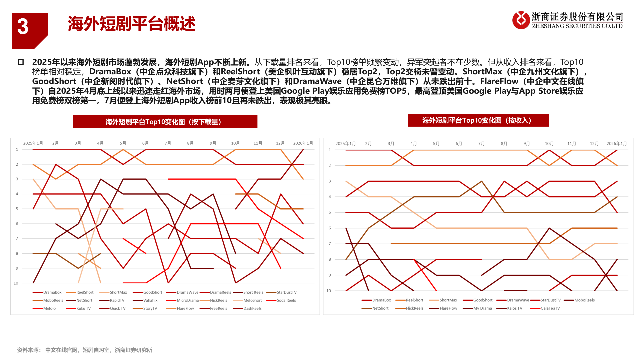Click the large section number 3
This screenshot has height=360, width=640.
(x=23, y=27)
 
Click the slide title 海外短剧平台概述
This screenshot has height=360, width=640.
(x=131, y=24)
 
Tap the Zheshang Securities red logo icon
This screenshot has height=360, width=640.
(x=521, y=20)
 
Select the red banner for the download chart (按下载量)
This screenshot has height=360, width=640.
(x=165, y=122)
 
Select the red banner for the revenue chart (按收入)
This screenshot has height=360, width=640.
(x=478, y=120)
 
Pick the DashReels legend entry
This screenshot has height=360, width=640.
(x=252, y=308)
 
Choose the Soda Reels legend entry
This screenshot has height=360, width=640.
(x=286, y=300)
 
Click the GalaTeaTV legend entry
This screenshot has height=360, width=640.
(x=550, y=308)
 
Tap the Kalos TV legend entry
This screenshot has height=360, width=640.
(x=514, y=308)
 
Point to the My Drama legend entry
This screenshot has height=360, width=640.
(x=482, y=308)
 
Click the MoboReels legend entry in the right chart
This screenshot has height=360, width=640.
(x=584, y=300)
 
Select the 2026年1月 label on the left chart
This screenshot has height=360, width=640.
(x=303, y=143)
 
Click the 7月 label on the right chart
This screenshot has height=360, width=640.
(x=481, y=144)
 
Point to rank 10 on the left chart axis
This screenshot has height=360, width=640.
(x=16, y=283)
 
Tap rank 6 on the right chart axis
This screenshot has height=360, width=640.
(x=330, y=228)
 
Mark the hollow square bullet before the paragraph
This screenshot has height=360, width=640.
(x=21, y=62)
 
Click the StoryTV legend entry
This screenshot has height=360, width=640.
(x=150, y=308)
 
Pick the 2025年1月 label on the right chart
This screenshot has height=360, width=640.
(x=345, y=144)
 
